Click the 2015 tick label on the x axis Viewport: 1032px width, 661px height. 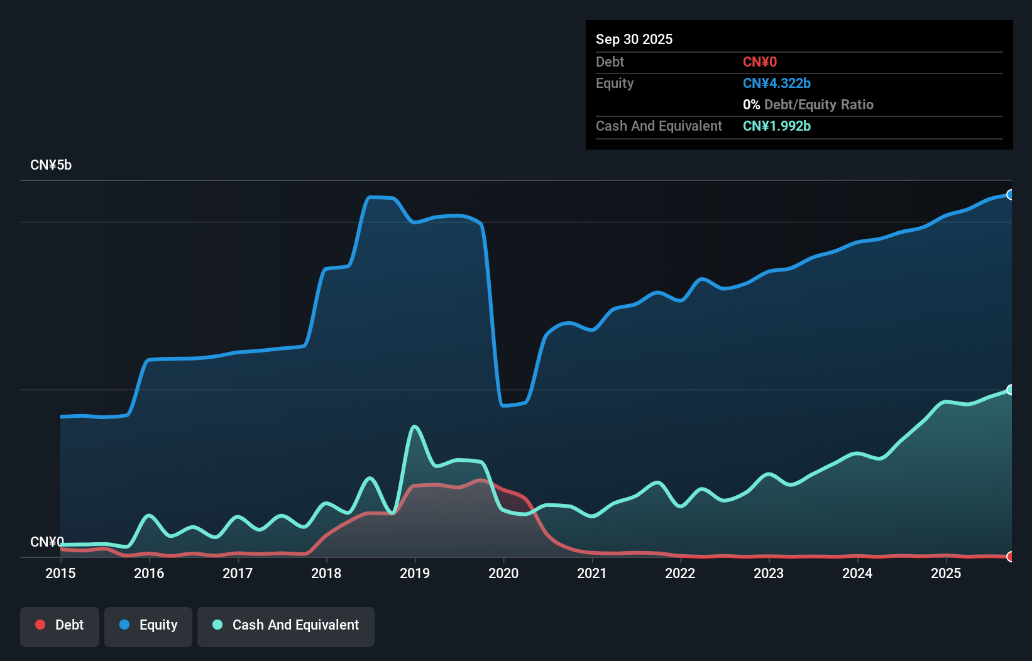pos(60,573)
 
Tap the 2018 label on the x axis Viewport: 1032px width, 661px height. pos(326,573)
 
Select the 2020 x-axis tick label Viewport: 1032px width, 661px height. pos(503,573)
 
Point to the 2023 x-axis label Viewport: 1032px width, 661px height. pos(769,573)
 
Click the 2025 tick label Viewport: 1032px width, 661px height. pos(946,573)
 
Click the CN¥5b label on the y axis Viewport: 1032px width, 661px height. pos(51,165)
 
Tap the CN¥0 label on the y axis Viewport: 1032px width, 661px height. pos(47,542)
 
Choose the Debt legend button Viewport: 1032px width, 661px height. pos(60,625)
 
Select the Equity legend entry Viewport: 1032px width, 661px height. pos(148,625)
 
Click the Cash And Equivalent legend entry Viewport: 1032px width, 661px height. pos(286,625)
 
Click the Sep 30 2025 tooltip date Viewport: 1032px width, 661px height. pos(634,39)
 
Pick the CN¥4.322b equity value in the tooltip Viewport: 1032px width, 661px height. pos(777,84)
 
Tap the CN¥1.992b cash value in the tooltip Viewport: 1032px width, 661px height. pos(777,126)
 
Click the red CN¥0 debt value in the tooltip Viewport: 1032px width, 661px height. pos(760,62)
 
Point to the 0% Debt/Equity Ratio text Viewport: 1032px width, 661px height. pos(808,105)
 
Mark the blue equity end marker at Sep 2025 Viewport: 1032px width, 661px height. pos(1010,195)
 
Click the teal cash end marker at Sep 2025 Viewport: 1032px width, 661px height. pos(1010,390)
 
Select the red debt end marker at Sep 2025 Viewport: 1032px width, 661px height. pos(1010,556)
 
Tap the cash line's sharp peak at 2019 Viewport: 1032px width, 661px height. pos(414,427)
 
